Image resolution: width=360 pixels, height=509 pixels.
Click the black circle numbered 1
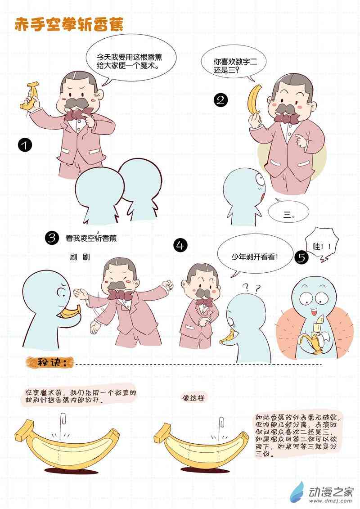point(25,145)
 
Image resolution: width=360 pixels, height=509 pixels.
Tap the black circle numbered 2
point(221,99)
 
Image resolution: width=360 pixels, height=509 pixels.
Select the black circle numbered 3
point(52,238)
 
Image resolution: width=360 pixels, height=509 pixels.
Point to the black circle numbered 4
point(180,245)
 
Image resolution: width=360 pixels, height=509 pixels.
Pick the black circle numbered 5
point(301,257)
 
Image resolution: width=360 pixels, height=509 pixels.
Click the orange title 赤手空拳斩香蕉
point(69,25)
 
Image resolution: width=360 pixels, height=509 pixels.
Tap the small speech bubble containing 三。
point(288,212)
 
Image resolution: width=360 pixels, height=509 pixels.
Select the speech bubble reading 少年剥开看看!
point(254,257)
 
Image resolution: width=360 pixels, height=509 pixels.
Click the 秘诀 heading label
point(50,362)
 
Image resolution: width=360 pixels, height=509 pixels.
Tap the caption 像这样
point(193,397)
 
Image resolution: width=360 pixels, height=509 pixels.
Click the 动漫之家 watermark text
point(330,492)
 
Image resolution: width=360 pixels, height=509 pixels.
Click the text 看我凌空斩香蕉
point(91,238)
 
